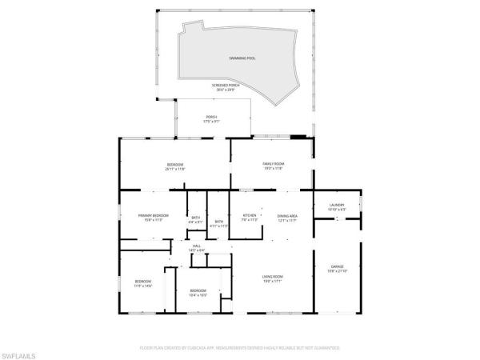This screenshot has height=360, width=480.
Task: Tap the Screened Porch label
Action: point(225,86)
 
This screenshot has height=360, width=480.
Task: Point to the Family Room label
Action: point(274,164)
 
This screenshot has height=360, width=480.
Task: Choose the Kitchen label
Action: point(250,216)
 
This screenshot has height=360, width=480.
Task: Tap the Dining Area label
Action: point(287,216)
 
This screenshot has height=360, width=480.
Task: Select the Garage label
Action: point(337,266)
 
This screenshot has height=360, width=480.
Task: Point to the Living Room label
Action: point(273,277)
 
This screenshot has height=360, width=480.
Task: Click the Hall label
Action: point(197,246)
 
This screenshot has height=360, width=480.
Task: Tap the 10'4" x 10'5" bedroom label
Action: point(198,291)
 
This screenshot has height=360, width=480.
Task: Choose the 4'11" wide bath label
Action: point(219,222)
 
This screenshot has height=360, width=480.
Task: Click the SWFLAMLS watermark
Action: point(21,352)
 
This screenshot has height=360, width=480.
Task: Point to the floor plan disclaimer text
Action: point(239,349)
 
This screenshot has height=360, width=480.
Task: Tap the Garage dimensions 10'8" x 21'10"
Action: point(337,270)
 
